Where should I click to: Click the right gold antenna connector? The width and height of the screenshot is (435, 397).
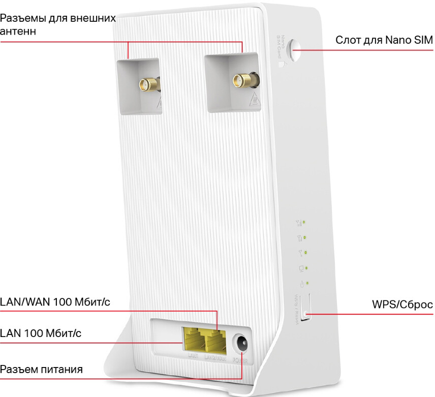pyautogui.click(x=239, y=79)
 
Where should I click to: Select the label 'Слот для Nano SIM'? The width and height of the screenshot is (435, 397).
pyautogui.click(x=384, y=40)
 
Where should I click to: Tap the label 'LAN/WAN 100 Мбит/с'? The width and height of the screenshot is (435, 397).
pyautogui.click(x=55, y=302)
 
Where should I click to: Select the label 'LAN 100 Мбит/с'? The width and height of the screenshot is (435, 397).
pyautogui.click(x=41, y=333)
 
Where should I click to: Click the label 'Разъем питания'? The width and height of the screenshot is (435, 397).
pyautogui.click(x=41, y=369)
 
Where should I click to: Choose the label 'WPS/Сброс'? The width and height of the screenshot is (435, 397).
pyautogui.click(x=402, y=305)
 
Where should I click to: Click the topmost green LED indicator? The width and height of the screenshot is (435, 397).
pyautogui.click(x=304, y=222)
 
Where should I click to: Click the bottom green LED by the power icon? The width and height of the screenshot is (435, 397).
pyautogui.click(x=308, y=283)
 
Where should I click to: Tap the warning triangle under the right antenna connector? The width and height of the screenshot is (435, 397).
pyautogui.click(x=253, y=99)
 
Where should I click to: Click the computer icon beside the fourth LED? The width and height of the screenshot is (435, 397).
pyautogui.click(x=301, y=267)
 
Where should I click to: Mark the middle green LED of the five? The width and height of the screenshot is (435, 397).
pyautogui.click(x=306, y=252)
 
